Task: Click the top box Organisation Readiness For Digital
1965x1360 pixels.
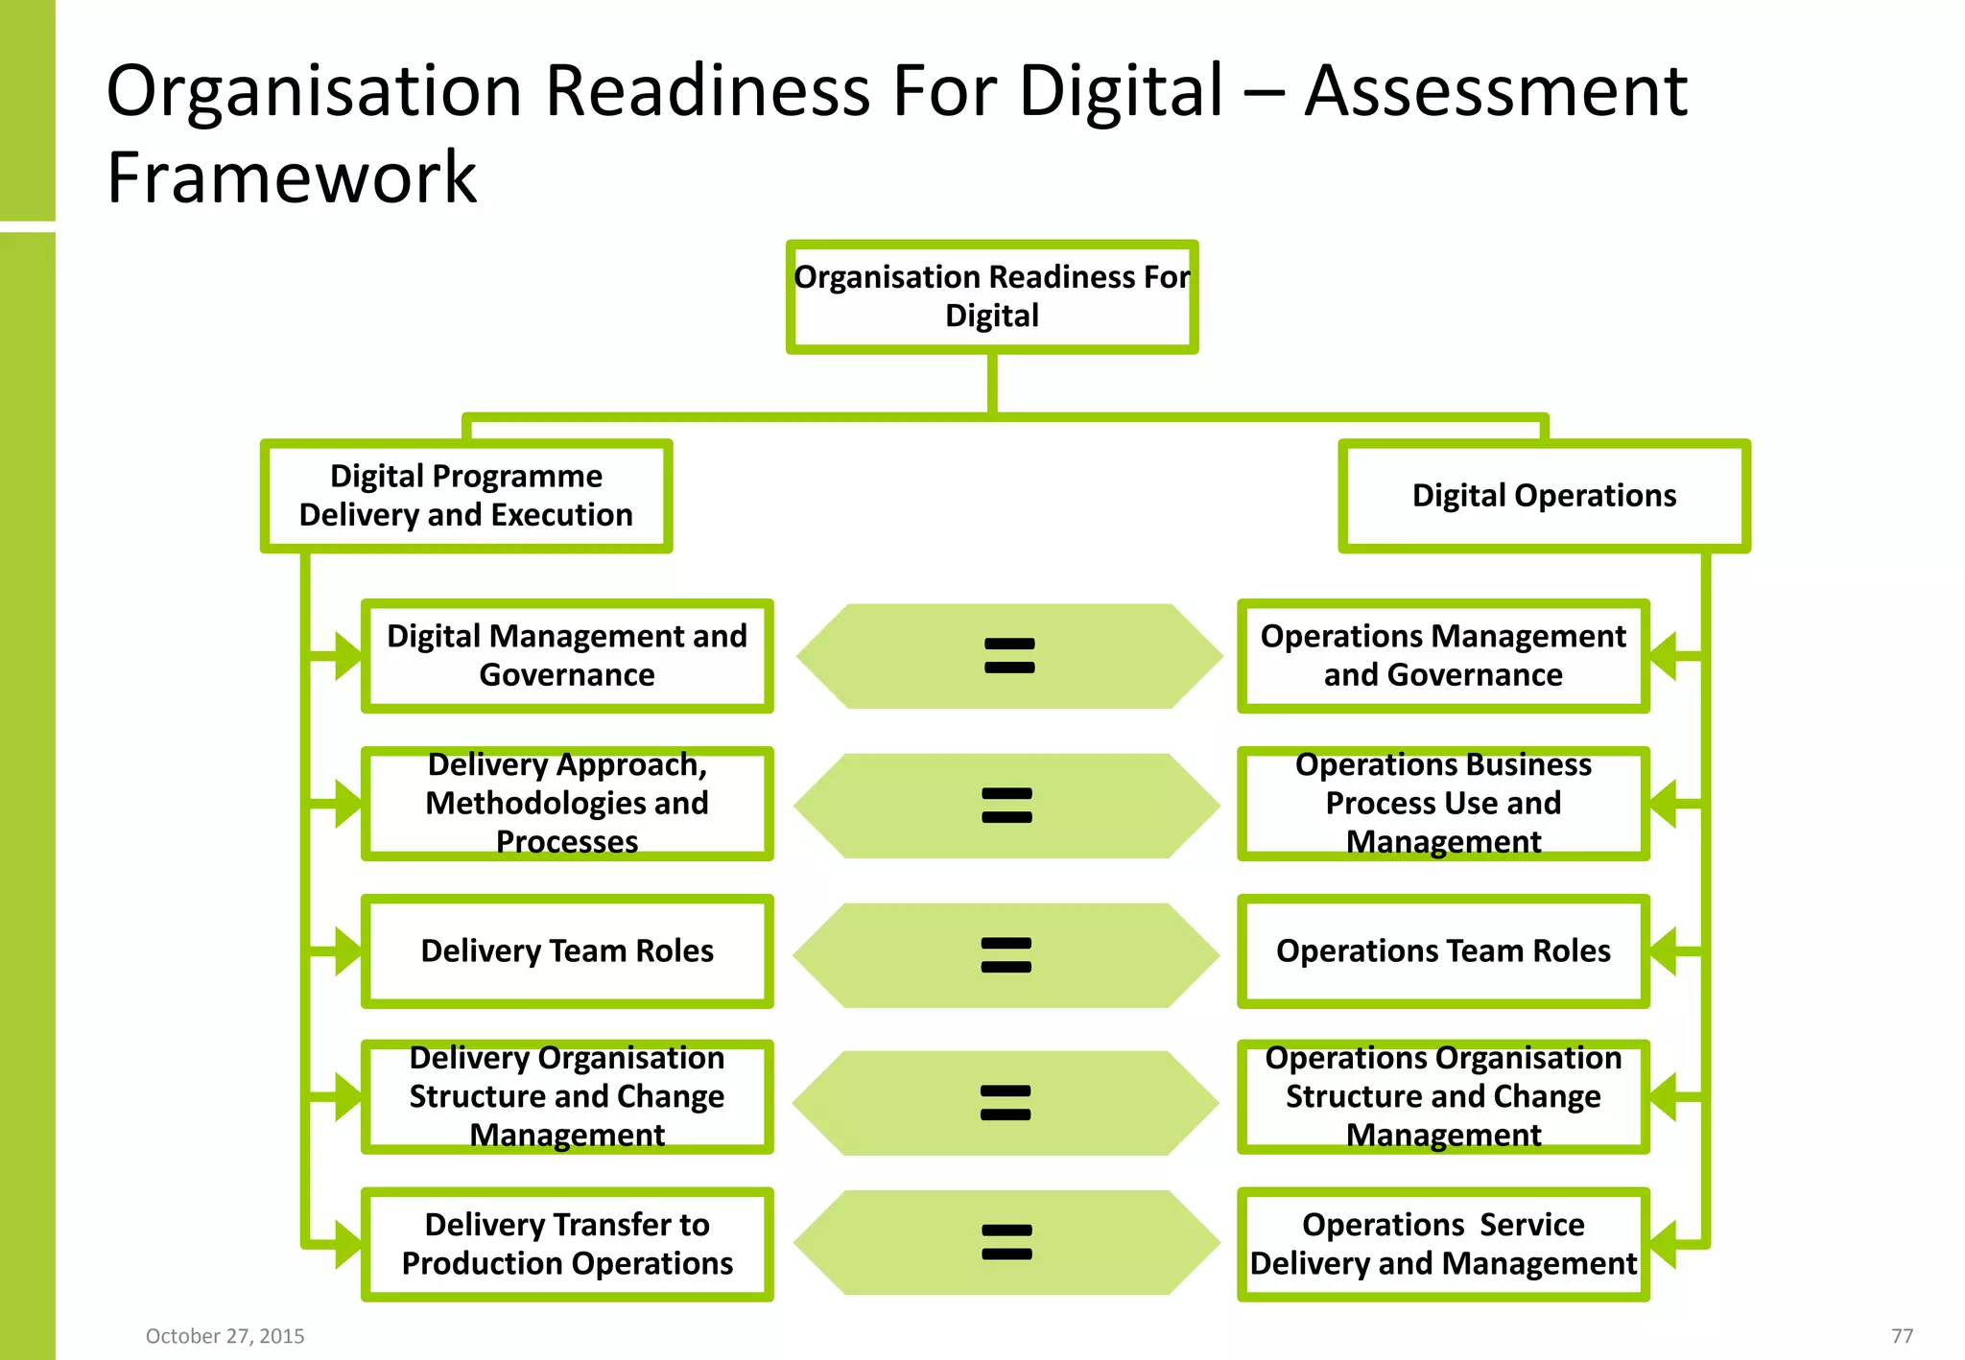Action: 991,296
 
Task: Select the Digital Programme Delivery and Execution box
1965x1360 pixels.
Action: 466,496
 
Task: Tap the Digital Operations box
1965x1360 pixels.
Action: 1544,496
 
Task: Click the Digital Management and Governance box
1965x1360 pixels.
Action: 567,656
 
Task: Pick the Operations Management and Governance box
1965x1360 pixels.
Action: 1443,656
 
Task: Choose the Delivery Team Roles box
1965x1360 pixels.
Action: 567,951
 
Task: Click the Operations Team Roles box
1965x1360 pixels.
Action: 1443,951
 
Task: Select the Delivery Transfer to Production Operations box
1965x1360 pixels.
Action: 567,1244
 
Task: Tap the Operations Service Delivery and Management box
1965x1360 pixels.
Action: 1443,1244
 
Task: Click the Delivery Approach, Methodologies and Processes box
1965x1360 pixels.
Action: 567,804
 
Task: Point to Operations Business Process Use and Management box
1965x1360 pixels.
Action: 1443,804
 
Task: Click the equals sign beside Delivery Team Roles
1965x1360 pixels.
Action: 1006,955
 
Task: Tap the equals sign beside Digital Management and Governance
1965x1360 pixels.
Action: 1009,656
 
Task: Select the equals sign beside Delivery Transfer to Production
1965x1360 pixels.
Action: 1006,1242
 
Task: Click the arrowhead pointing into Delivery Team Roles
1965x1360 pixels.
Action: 347,951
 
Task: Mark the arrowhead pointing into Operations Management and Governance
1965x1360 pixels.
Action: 1664,656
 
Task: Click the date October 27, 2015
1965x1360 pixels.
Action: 225,1336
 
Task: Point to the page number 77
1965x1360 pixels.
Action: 1902,1336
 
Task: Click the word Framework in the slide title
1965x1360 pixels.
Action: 292,178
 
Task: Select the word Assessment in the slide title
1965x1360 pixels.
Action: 1495,91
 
